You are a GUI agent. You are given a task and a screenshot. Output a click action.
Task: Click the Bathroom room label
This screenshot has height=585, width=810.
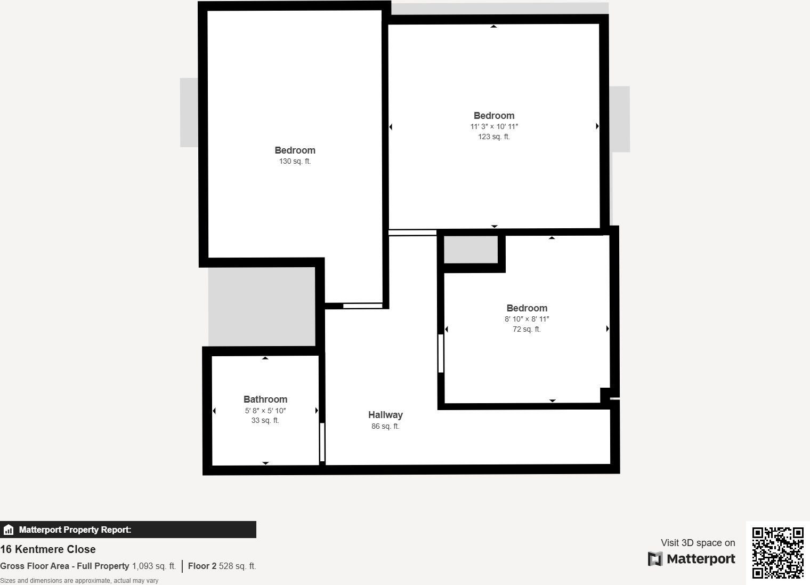point(265,399)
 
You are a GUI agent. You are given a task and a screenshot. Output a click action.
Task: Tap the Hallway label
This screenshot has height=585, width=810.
point(385,415)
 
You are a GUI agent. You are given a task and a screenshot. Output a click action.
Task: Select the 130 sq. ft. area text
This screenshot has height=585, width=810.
point(295,161)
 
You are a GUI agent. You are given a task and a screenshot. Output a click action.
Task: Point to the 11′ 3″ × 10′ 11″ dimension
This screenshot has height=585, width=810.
point(494,126)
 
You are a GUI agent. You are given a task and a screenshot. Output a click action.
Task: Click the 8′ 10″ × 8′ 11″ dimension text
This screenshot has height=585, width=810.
point(527,319)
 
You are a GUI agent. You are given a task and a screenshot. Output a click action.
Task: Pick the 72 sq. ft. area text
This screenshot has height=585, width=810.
point(527,329)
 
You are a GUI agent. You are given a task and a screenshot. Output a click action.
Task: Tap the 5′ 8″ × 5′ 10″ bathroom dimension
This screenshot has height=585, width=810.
point(265,411)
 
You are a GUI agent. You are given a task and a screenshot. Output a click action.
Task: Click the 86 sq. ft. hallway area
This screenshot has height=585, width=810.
point(385,426)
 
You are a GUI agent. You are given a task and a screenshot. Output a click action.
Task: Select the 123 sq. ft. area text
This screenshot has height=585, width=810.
point(494,137)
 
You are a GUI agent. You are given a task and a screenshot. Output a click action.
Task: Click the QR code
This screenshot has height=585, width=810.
point(777,552)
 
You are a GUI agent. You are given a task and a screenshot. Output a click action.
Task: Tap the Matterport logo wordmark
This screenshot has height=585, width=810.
point(691,559)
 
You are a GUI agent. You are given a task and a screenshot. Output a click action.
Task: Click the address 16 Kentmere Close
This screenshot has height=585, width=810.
point(48,549)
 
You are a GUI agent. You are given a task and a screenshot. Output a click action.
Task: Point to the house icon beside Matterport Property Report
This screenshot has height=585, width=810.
point(9,530)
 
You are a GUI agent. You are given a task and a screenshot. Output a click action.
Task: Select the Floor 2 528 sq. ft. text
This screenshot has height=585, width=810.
point(222,566)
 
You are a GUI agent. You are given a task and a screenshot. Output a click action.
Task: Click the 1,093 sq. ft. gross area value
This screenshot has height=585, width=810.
point(154,566)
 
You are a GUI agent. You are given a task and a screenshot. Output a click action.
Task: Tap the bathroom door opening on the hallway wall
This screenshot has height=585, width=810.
point(322,442)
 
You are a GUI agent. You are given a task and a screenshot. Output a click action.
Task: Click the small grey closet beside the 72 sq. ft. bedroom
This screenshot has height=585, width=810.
point(471,250)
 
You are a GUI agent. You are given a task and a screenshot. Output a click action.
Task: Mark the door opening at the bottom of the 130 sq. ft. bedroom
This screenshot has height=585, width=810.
point(362,306)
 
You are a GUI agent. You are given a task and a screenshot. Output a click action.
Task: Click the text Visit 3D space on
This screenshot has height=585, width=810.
point(698,543)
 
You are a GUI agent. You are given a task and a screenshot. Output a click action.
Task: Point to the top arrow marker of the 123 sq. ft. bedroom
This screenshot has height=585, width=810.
point(494,26)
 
